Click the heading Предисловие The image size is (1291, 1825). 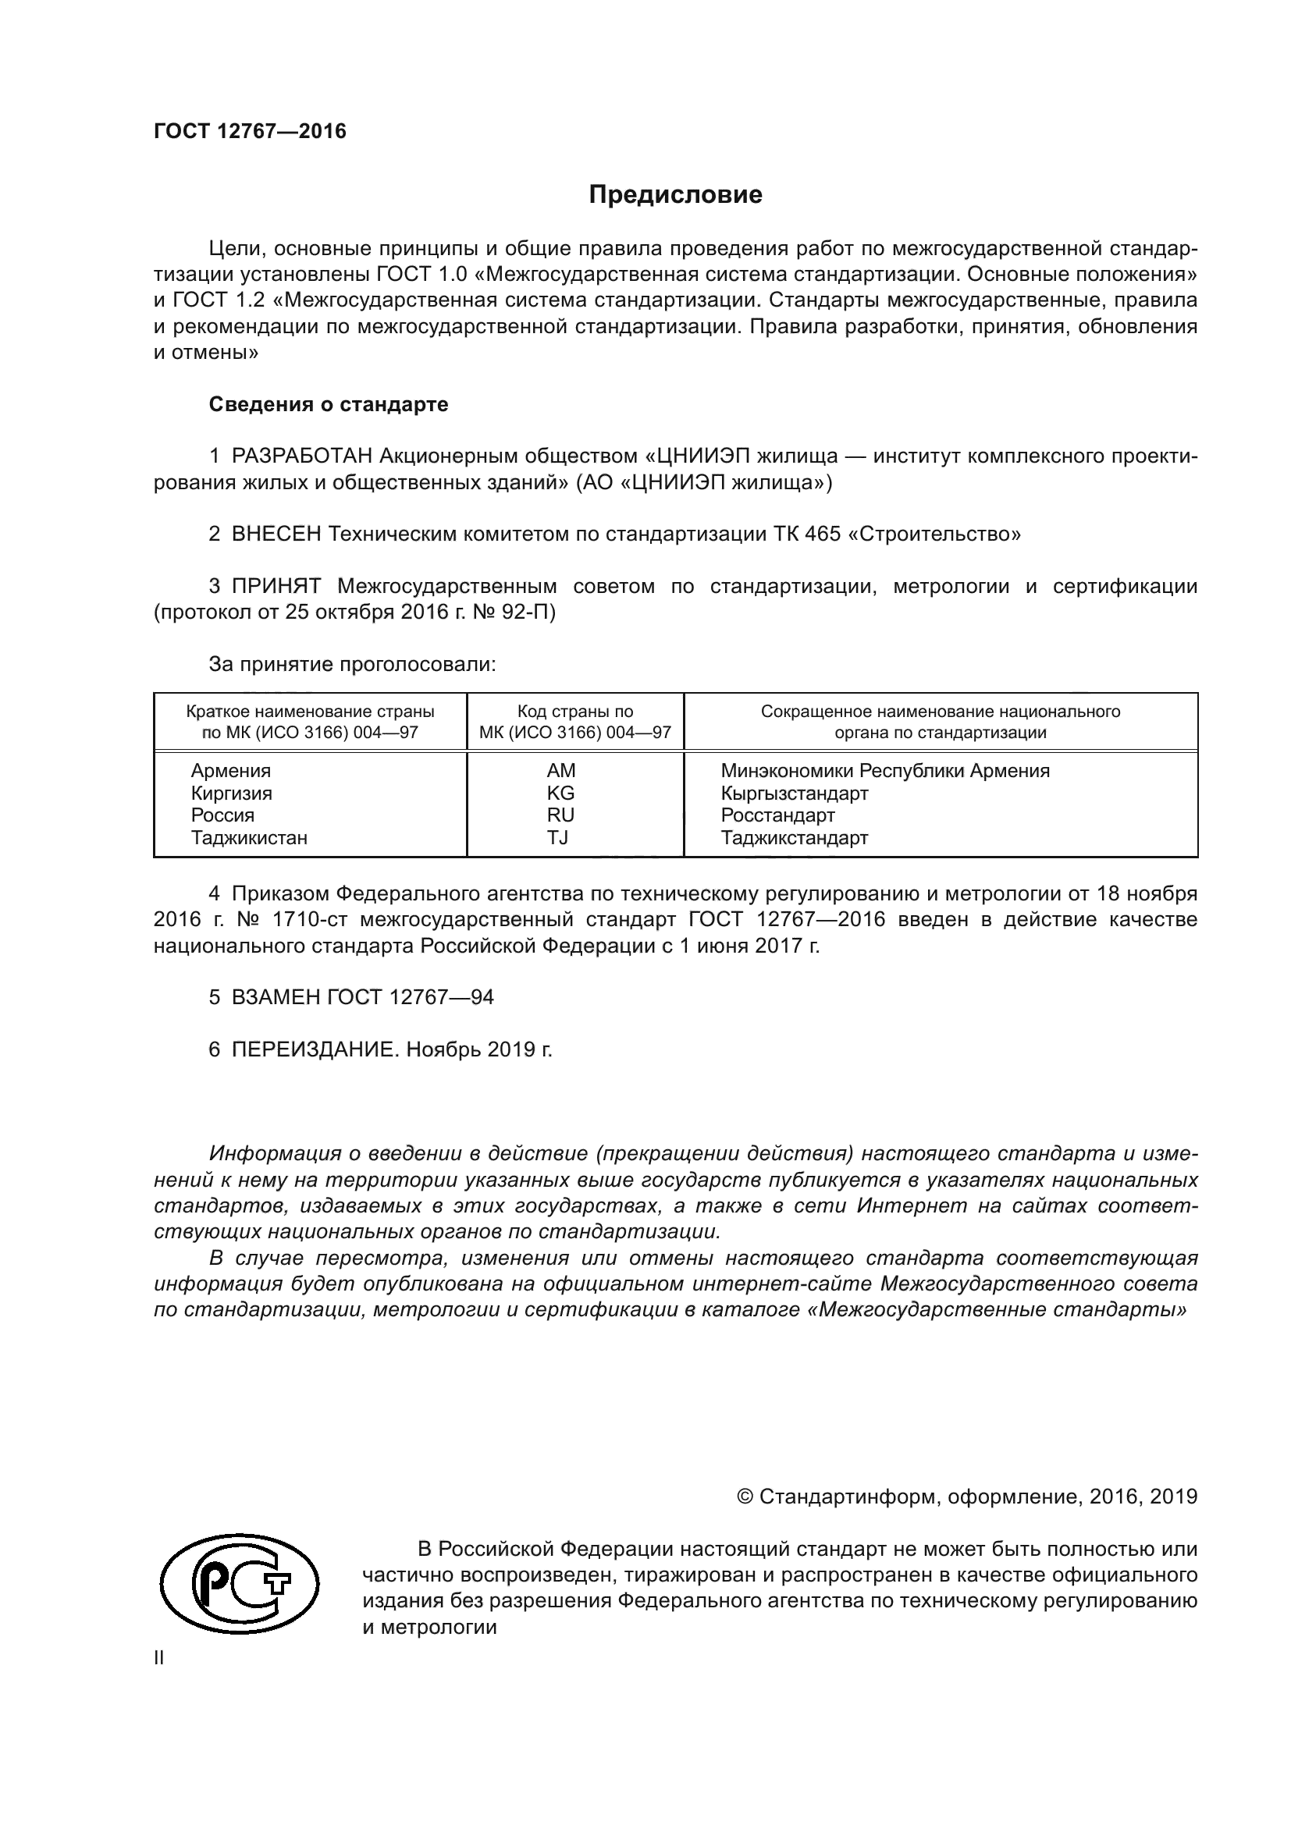(x=675, y=195)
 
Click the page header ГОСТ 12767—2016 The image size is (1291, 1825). (x=250, y=131)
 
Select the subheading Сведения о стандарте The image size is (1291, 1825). (x=329, y=405)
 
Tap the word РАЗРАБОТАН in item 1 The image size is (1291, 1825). (x=302, y=456)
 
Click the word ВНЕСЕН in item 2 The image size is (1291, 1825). (x=276, y=534)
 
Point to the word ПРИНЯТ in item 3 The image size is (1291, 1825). (x=276, y=587)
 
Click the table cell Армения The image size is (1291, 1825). (x=230, y=770)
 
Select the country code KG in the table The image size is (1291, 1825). (x=560, y=793)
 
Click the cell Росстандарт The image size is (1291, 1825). (x=777, y=815)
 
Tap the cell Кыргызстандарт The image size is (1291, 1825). (x=794, y=793)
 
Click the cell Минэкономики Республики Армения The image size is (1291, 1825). (x=885, y=770)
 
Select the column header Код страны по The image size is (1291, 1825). (x=574, y=712)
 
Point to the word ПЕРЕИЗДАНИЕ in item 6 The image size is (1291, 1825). (x=313, y=1049)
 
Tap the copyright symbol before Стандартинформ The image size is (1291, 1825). (x=745, y=1497)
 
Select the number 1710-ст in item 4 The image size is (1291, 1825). (x=307, y=920)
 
